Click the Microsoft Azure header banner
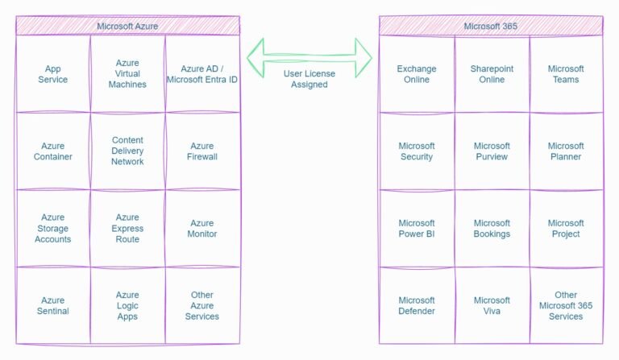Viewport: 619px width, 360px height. point(127,26)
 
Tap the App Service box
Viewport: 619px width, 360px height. point(52,74)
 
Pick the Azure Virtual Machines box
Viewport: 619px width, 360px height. point(127,74)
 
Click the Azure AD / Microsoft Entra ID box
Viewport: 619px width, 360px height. point(202,74)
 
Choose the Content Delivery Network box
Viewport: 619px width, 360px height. point(127,151)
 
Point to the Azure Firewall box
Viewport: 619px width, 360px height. point(202,151)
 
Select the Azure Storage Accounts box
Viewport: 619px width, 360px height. point(52,228)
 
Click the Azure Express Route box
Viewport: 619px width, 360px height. point(127,228)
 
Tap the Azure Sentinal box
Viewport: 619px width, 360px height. point(52,305)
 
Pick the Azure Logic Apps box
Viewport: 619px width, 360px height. point(127,305)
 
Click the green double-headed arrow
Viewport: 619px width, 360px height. point(309,57)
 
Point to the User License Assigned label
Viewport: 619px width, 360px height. point(309,79)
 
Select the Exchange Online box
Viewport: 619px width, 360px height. point(416,74)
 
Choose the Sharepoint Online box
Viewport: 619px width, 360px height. point(492,74)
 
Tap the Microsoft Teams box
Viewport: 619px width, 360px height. point(566,74)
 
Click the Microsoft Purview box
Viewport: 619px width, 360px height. point(492,151)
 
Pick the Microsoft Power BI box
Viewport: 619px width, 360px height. point(416,228)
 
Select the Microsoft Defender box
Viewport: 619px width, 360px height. point(416,305)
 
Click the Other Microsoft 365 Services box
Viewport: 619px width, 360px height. point(566,305)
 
